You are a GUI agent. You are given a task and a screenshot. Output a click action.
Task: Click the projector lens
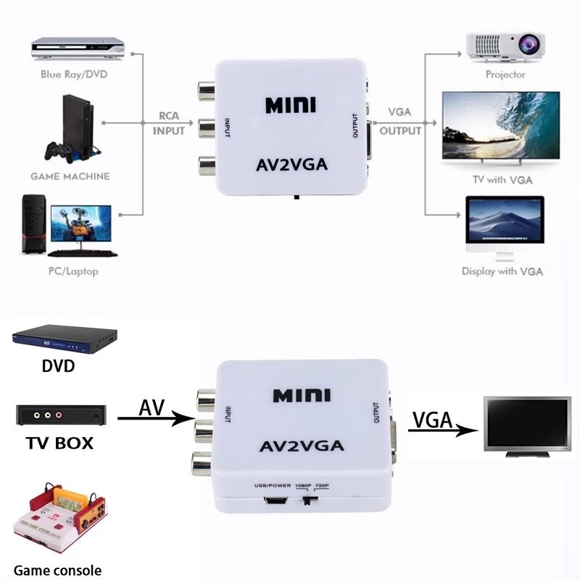tap(528, 44)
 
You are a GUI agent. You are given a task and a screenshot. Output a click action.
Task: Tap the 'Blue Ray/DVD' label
tap(74, 75)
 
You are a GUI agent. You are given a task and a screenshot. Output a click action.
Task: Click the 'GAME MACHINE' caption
tap(70, 176)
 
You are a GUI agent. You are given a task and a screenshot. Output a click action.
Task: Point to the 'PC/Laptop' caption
tap(74, 271)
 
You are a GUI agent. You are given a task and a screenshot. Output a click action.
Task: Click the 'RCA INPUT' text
tap(169, 123)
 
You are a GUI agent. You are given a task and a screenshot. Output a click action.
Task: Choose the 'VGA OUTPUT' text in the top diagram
tap(400, 121)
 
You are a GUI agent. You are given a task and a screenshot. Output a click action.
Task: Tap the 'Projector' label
tap(505, 75)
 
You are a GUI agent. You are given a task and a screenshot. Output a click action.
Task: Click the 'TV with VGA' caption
tap(502, 180)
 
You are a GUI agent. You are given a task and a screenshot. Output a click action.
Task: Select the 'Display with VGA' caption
tap(502, 271)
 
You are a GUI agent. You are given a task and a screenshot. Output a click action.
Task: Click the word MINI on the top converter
tap(291, 105)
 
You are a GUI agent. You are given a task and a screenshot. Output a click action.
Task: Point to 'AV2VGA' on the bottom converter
tap(302, 446)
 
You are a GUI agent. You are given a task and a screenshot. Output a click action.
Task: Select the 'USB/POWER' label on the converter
tap(273, 485)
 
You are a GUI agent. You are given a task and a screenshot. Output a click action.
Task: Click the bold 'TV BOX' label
tap(59, 443)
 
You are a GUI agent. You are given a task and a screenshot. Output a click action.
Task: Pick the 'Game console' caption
tap(58, 570)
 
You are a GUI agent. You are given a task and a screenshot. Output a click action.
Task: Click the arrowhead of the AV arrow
tap(184, 418)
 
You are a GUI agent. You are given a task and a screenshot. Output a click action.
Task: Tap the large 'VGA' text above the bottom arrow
tap(432, 420)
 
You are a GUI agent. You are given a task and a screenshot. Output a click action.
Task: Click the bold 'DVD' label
tap(59, 366)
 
